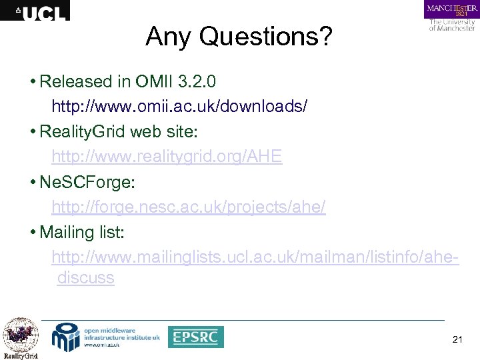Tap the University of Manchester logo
pos(451,16)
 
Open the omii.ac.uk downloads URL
pos(179,107)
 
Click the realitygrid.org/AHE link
pos(167,157)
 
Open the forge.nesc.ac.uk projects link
pos(188,207)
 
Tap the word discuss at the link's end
pos(85,277)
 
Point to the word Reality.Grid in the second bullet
pos(82,132)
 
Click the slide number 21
pos(457,339)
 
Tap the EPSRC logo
pos(195,337)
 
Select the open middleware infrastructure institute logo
pos(107,337)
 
